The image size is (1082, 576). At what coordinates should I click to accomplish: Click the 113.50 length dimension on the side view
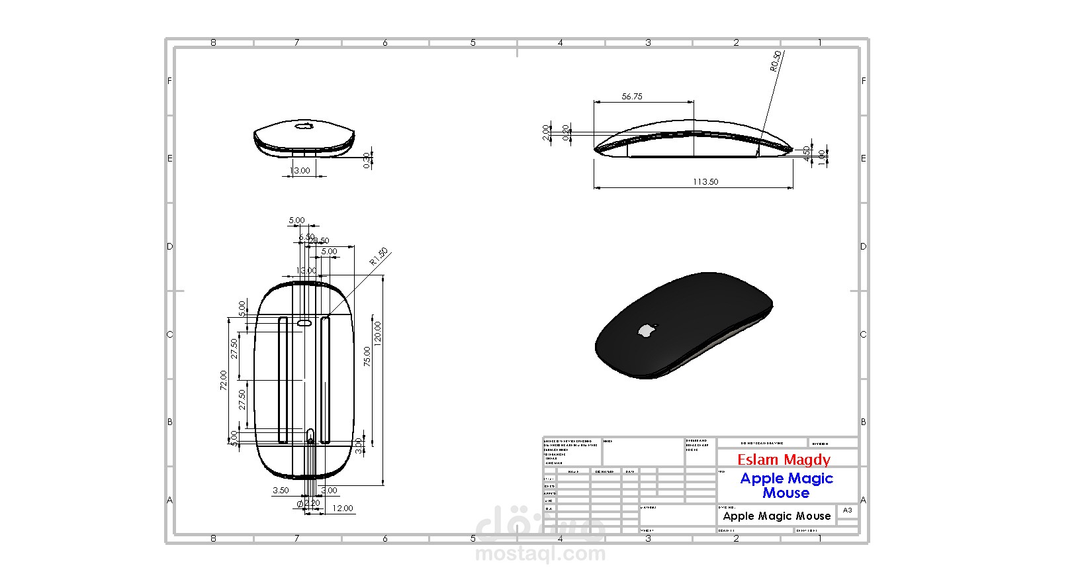[x=705, y=182]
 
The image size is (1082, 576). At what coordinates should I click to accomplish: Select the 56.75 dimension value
[x=632, y=97]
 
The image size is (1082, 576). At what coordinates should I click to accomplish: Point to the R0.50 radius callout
[x=776, y=61]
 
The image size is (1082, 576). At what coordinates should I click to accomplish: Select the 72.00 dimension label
[x=224, y=381]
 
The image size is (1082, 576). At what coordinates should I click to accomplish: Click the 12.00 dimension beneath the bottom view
[x=342, y=508]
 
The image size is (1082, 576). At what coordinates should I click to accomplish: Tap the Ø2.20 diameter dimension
[x=309, y=503]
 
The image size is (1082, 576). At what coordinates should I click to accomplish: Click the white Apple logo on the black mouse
[x=647, y=330]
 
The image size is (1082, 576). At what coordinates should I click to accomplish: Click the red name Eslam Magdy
[x=784, y=459]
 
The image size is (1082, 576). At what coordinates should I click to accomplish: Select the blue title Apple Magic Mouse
[x=786, y=485]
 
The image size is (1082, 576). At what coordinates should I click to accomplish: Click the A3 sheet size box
[x=847, y=510]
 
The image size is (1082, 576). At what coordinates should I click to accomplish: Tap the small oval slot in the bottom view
[x=304, y=323]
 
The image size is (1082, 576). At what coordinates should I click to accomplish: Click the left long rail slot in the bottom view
[x=283, y=380]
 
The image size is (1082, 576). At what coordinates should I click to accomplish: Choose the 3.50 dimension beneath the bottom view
[x=281, y=491]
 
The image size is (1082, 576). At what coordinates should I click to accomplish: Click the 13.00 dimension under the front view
[x=300, y=171]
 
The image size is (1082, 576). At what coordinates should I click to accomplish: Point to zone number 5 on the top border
[x=473, y=42]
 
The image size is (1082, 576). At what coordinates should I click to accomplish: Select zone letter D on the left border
[x=169, y=246]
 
